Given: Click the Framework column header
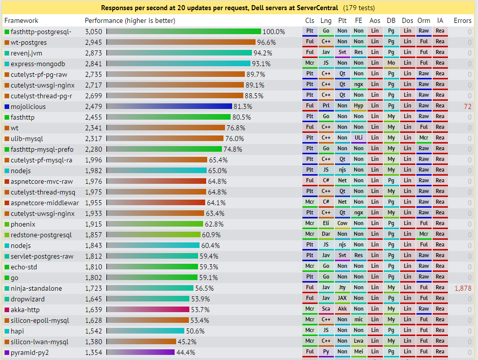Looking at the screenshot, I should pos(21,20).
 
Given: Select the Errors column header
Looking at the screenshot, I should pos(462,20).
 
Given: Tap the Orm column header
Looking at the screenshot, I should pos(424,20).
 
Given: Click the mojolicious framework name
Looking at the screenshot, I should pos(28,106).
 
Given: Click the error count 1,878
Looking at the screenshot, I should pos(463,288).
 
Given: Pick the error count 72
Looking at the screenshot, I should pos(467,106).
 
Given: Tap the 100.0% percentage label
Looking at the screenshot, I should pos(273,32).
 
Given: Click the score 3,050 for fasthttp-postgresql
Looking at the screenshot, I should pos(93,32).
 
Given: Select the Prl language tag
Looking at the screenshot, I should pos(326,106).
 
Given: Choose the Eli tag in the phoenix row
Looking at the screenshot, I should pos(326,224).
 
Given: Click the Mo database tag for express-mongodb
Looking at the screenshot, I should pos(391,63).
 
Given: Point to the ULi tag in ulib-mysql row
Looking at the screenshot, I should pos(358,138).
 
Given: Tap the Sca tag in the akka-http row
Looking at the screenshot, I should pos(326,309).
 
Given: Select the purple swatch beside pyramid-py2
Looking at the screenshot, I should pos(7,352).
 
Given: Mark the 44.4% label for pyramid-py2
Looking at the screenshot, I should pos(185,352).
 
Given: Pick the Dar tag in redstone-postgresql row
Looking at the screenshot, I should pos(326,234).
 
